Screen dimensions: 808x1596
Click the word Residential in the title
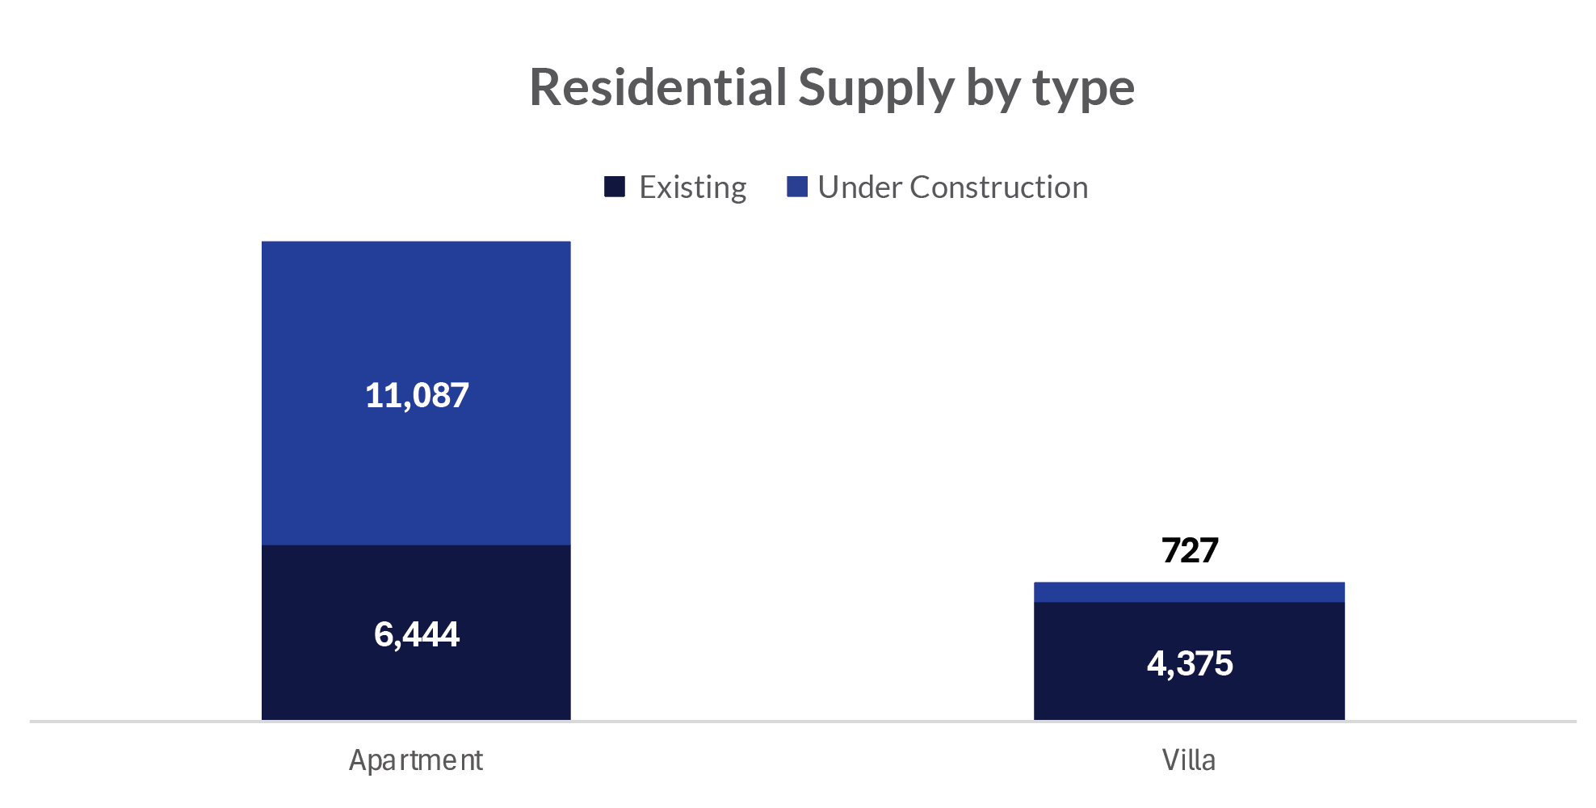[x=657, y=87]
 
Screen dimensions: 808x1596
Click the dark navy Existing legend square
[x=615, y=187]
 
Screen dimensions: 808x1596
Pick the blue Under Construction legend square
[x=797, y=187]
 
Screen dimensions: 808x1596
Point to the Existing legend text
[x=692, y=187]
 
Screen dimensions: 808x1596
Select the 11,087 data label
[x=417, y=395]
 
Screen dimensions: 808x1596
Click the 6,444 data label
[x=417, y=634]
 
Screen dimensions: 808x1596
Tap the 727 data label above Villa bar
[x=1189, y=550]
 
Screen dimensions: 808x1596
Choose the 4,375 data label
[x=1189, y=663]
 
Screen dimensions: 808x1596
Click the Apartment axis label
[x=415, y=760]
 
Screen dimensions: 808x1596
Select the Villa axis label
[x=1188, y=760]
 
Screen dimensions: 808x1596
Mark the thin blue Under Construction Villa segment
[x=1189, y=592]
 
